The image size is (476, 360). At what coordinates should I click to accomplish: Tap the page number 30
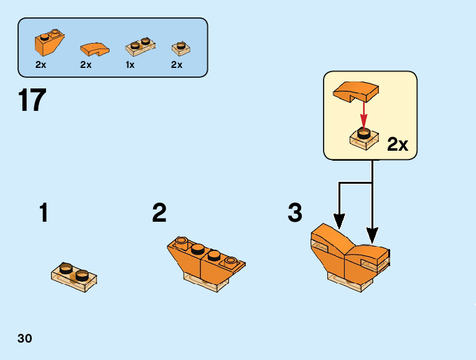click(25, 339)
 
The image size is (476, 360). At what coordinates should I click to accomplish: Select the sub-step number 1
click(44, 214)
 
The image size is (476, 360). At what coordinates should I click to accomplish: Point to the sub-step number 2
click(159, 214)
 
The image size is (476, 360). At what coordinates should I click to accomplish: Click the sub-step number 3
click(295, 214)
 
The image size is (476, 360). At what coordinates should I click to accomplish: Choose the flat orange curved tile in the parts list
click(94, 47)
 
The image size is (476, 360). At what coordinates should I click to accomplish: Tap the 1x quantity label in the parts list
click(130, 65)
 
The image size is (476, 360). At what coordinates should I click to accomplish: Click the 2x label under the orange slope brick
click(41, 65)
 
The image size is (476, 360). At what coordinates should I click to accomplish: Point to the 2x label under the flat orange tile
click(86, 65)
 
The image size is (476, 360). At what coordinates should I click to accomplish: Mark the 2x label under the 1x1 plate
click(177, 65)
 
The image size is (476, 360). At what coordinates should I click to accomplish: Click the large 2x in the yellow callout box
click(398, 144)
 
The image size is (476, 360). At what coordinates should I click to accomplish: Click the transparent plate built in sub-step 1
click(73, 275)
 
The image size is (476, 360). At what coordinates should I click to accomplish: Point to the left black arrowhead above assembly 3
click(339, 220)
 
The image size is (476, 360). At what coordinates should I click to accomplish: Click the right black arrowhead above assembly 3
click(372, 235)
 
